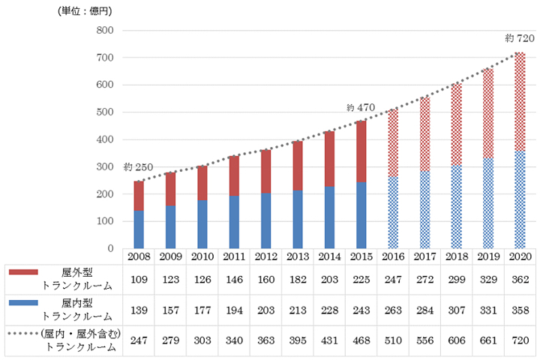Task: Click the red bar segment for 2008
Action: [138, 196]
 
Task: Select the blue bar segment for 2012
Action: [265, 220]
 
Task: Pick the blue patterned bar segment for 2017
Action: [424, 209]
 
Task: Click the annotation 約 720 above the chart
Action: [520, 38]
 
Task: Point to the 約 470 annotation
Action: [360, 108]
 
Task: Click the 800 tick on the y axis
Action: [105, 31]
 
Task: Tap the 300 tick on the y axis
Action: [105, 167]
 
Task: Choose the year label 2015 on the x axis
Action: [361, 256]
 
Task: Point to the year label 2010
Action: [202, 256]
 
